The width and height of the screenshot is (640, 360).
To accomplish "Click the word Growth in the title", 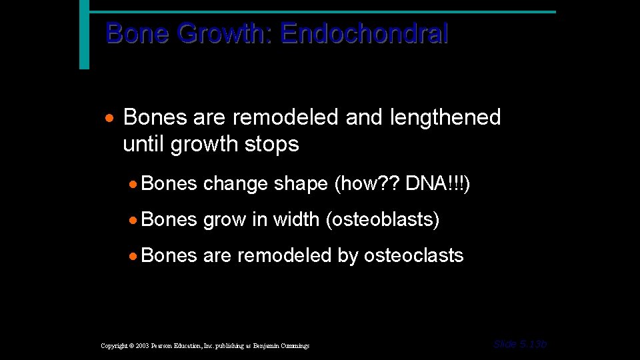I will pyautogui.click(x=223, y=33).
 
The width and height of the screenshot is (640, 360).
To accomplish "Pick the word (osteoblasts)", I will pyautogui.click(x=383, y=219).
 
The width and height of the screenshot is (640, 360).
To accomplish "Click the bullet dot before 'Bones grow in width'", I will pyautogui.click(x=134, y=220).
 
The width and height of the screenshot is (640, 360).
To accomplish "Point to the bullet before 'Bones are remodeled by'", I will pyautogui.click(x=134, y=255).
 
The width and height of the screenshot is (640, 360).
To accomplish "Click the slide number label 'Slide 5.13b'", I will pyautogui.click(x=520, y=344).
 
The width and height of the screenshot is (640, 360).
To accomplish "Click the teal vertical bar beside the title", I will pyautogui.click(x=84, y=34).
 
